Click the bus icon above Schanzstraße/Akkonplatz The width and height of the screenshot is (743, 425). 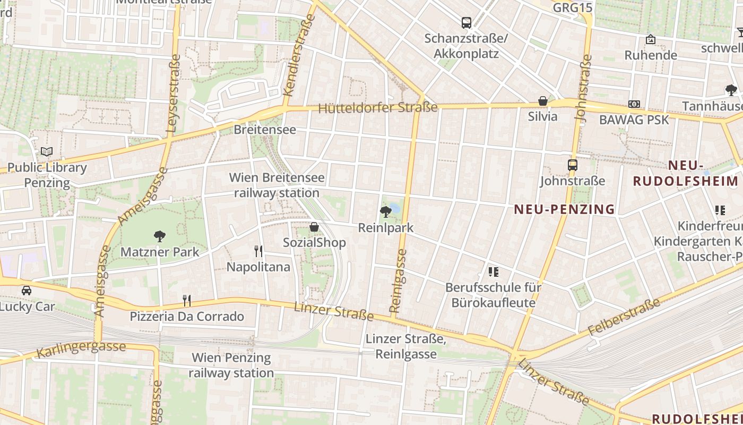pyautogui.click(x=466, y=23)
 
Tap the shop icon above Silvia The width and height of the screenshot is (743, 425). pyautogui.click(x=543, y=101)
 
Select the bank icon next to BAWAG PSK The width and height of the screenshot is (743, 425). pyautogui.click(x=634, y=104)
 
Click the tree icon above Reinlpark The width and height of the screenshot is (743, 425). pyautogui.click(x=386, y=212)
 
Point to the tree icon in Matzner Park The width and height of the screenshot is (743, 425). pyautogui.click(x=159, y=236)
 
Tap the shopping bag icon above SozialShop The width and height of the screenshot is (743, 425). pyautogui.click(x=314, y=227)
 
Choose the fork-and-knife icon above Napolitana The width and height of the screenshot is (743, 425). pyautogui.click(x=258, y=251)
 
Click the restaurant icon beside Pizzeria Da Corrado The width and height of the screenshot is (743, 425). pyautogui.click(x=187, y=301)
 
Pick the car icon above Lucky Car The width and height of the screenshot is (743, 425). pyautogui.click(x=26, y=291)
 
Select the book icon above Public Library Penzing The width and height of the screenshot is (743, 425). pyautogui.click(x=47, y=152)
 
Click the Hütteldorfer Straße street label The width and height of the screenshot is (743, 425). pyautogui.click(x=378, y=108)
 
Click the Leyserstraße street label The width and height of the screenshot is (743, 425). pyautogui.click(x=174, y=93)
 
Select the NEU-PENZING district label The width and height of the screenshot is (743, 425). pyautogui.click(x=565, y=209)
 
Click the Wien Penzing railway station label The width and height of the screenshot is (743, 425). pyautogui.click(x=231, y=365)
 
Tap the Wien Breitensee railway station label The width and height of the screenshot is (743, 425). pyautogui.click(x=277, y=185)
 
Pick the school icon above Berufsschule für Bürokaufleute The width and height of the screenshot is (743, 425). pyautogui.click(x=494, y=272)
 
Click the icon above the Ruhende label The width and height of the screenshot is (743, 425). pyautogui.click(x=651, y=39)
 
